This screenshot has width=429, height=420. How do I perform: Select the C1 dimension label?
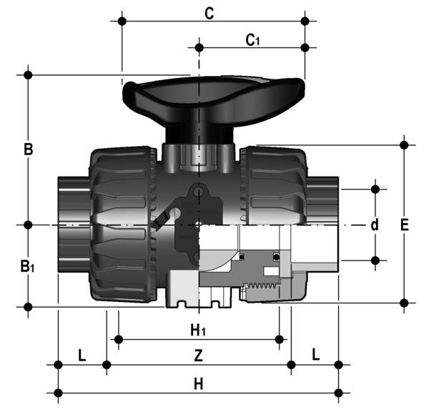[252, 40]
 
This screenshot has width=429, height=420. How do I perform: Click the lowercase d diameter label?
[374, 225]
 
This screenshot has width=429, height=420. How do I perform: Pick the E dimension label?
[405, 225]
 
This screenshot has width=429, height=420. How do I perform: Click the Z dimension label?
[199, 356]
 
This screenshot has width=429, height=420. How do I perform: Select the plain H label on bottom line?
[199, 384]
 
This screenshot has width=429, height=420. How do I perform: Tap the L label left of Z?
[82, 356]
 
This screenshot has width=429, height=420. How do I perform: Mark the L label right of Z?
[315, 356]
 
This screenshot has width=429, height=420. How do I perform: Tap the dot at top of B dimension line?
[29, 74]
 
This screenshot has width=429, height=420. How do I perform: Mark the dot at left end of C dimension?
[122, 21]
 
